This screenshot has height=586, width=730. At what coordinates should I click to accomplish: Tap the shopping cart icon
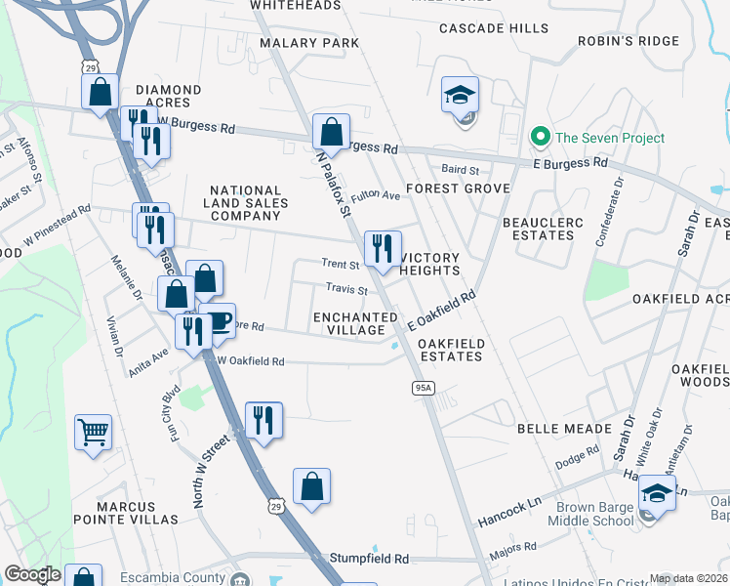(x=93, y=431)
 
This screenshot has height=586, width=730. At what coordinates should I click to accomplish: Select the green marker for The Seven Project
(x=537, y=138)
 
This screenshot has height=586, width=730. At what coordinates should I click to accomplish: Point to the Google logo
(x=32, y=574)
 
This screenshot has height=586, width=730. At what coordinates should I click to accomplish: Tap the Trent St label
(x=341, y=264)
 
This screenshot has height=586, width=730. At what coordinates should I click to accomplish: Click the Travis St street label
(x=345, y=290)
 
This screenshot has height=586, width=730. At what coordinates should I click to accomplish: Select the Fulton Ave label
(x=376, y=195)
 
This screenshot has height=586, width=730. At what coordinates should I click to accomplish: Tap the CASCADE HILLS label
(x=494, y=28)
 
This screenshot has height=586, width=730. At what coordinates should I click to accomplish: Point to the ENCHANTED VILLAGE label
(x=355, y=323)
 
